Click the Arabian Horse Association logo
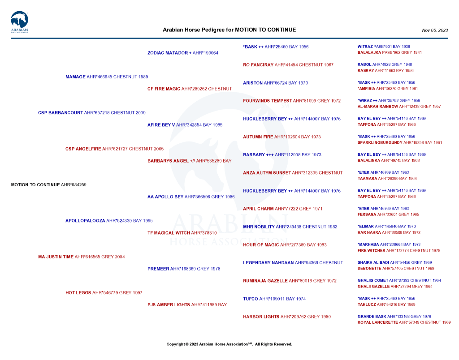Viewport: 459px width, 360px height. [19, 22]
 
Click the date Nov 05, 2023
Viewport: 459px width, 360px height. [434, 30]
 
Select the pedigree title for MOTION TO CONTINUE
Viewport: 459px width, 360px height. [229, 30]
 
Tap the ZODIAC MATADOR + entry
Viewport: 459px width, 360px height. [183, 53]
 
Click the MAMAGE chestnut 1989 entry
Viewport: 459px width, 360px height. [107, 77]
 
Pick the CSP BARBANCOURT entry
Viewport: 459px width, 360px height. [91, 113]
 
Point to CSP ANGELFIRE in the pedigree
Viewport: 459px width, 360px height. [114, 149]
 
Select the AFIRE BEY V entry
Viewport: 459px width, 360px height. [185, 125]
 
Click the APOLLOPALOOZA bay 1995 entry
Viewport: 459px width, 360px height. [109, 221]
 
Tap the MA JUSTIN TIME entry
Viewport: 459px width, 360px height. [81, 257]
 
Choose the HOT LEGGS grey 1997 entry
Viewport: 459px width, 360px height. [104, 293]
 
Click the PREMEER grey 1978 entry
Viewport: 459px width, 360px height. [184, 269]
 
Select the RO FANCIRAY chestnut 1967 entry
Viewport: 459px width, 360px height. [288, 65]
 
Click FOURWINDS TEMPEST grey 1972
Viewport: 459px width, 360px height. [292, 101]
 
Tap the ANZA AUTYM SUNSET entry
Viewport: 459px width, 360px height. [292, 173]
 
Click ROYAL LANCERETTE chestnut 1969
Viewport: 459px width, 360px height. [404, 322]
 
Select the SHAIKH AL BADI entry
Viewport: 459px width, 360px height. [394, 262]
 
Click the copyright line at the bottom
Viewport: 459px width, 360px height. [229, 344]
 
